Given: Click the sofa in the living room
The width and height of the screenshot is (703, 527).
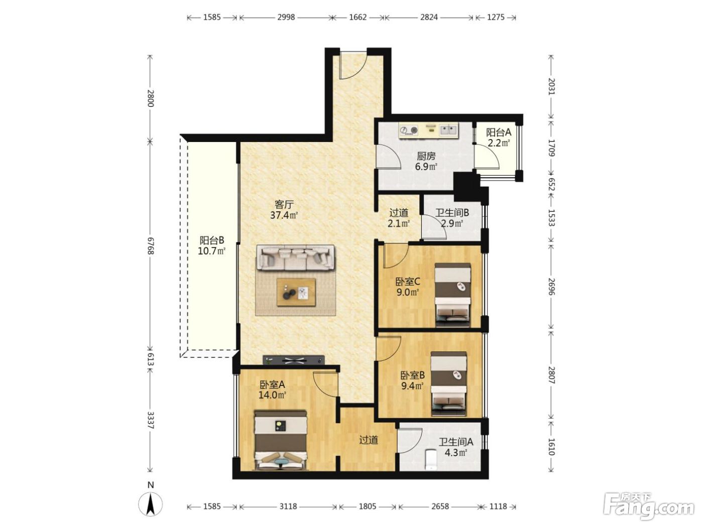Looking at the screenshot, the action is pos(295,257).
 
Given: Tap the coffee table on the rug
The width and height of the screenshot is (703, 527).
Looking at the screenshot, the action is pos(296,293).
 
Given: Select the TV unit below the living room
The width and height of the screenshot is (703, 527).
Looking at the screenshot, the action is pos(293,360).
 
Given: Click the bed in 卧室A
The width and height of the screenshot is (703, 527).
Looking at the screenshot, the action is pos(281,441).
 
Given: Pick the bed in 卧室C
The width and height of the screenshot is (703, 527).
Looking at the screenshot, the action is pos(452,295).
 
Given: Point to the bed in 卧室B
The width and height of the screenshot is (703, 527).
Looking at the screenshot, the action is pos(448,383).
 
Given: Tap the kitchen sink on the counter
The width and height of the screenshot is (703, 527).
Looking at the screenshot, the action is pos(448,130).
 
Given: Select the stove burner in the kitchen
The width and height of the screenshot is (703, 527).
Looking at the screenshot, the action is pos(409,130).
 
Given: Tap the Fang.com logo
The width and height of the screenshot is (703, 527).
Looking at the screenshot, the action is pos(649,506).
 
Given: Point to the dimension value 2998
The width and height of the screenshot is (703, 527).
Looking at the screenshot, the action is pos(286,17).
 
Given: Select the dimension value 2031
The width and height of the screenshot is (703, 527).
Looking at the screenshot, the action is pos(551,86).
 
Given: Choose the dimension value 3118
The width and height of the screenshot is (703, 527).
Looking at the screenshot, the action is pos(288,506).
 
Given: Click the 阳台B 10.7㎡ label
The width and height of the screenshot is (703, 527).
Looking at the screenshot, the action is pos(212,245).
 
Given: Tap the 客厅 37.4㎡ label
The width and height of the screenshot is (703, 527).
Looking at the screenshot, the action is pos(284,210).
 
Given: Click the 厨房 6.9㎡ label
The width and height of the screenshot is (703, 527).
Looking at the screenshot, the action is pos(426,161).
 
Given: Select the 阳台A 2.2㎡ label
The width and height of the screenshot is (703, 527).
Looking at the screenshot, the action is pos(499,137).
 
